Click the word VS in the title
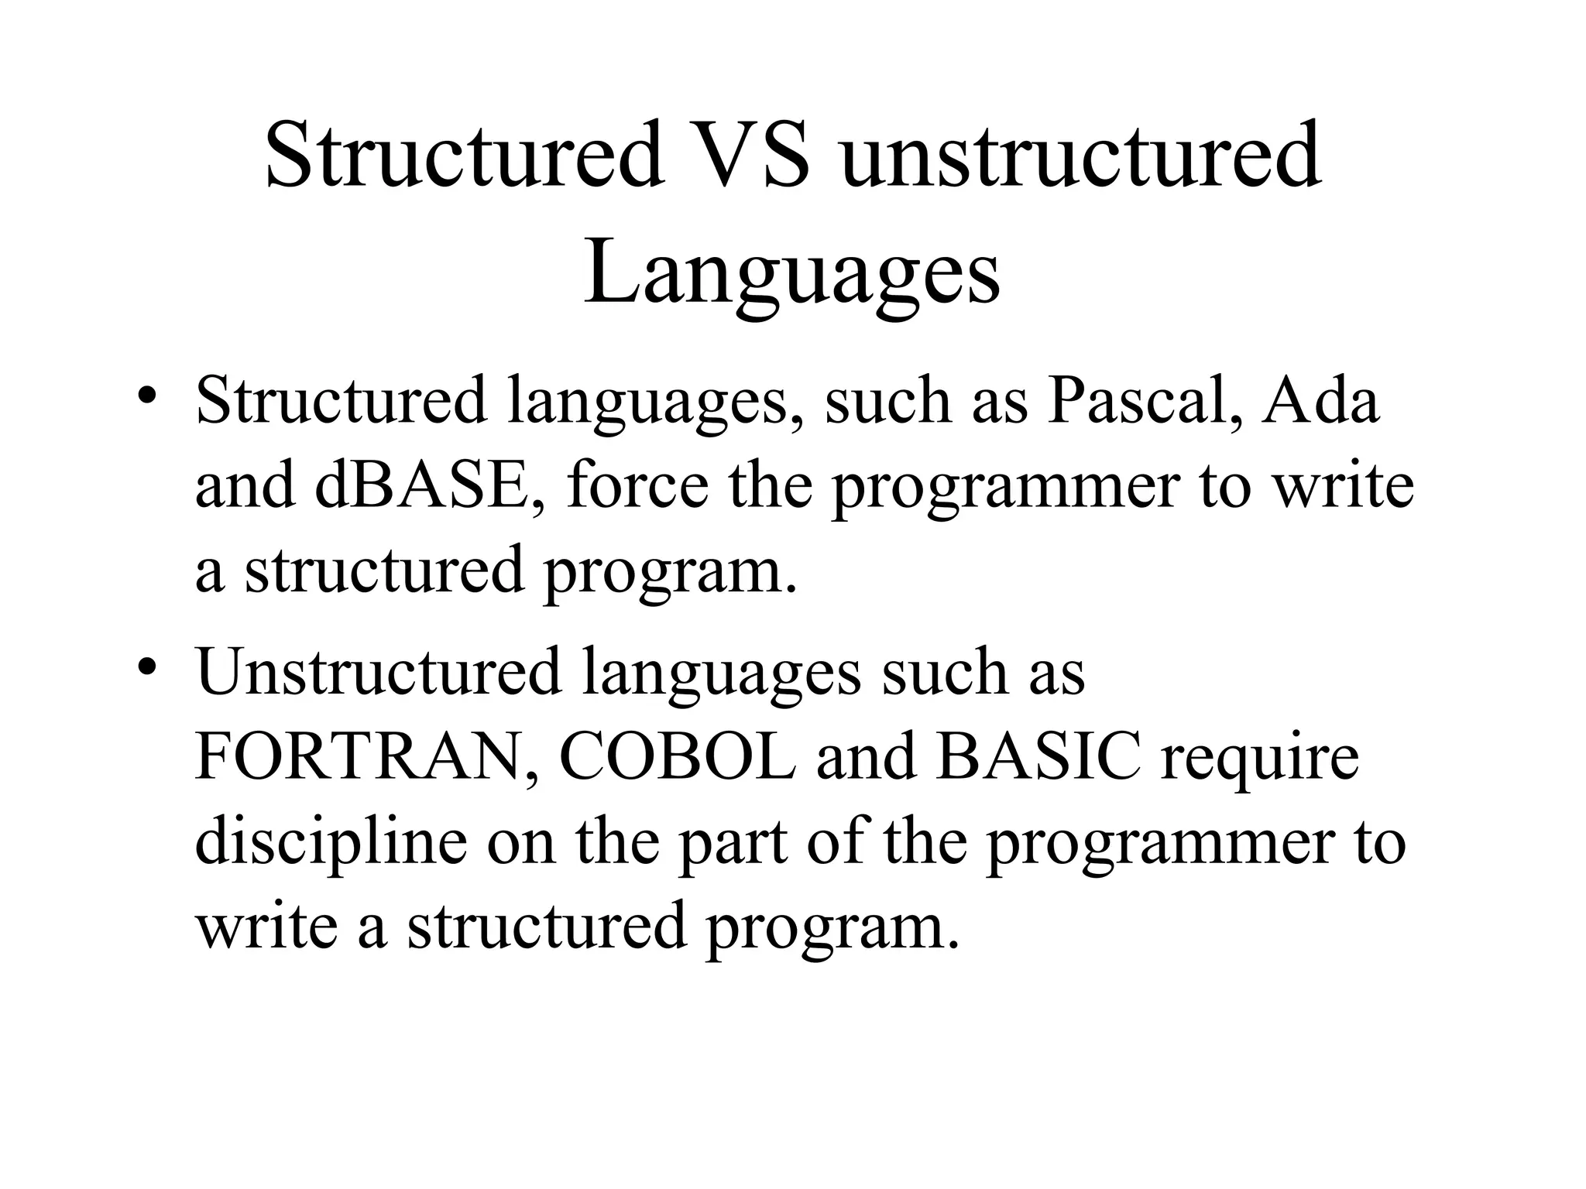coord(748,155)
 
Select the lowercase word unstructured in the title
coord(1081,155)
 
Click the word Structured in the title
coord(464,155)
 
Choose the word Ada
coord(1321,402)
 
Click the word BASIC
coord(1038,756)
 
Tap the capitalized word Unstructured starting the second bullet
coord(379,672)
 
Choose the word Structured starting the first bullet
coord(342,402)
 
